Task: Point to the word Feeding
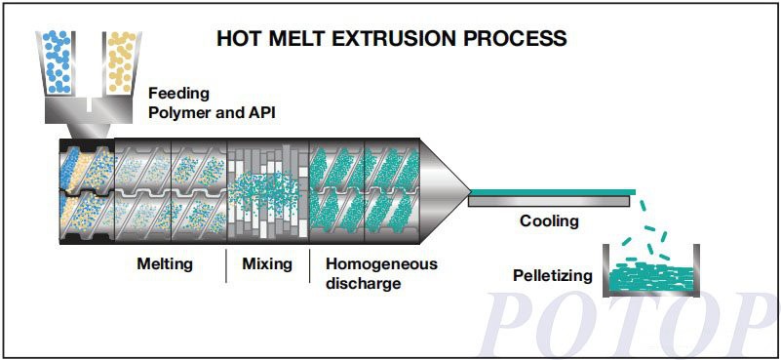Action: pos(178,95)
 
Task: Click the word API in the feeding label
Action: pos(259,112)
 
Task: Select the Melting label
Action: pos(165,263)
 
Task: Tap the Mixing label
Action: pos(267,263)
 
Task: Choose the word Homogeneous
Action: pos(381,263)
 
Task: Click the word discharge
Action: pos(363,284)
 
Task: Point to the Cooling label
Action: pos(548,221)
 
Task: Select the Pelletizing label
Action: pos(552,275)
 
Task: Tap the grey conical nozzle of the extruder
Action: pos(444,188)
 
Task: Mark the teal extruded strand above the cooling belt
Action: pos(551,191)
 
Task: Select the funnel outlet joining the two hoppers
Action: pos(89,114)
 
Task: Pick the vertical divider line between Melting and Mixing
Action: pos(226,265)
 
